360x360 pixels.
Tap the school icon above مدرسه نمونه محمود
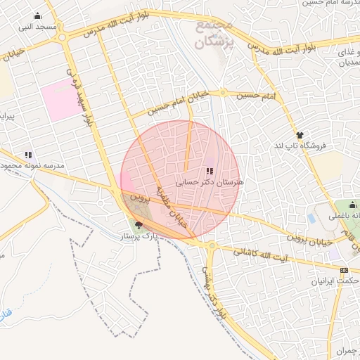(29, 155)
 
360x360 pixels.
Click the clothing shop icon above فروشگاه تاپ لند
(300, 135)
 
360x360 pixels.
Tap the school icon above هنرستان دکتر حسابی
(209, 171)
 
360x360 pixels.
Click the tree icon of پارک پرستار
(138, 226)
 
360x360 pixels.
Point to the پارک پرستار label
(139, 238)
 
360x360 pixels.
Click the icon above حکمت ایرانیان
(344, 270)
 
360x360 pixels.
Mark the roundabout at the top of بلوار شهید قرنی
(62, 37)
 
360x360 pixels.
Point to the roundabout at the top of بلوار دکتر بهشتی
(212, 245)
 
